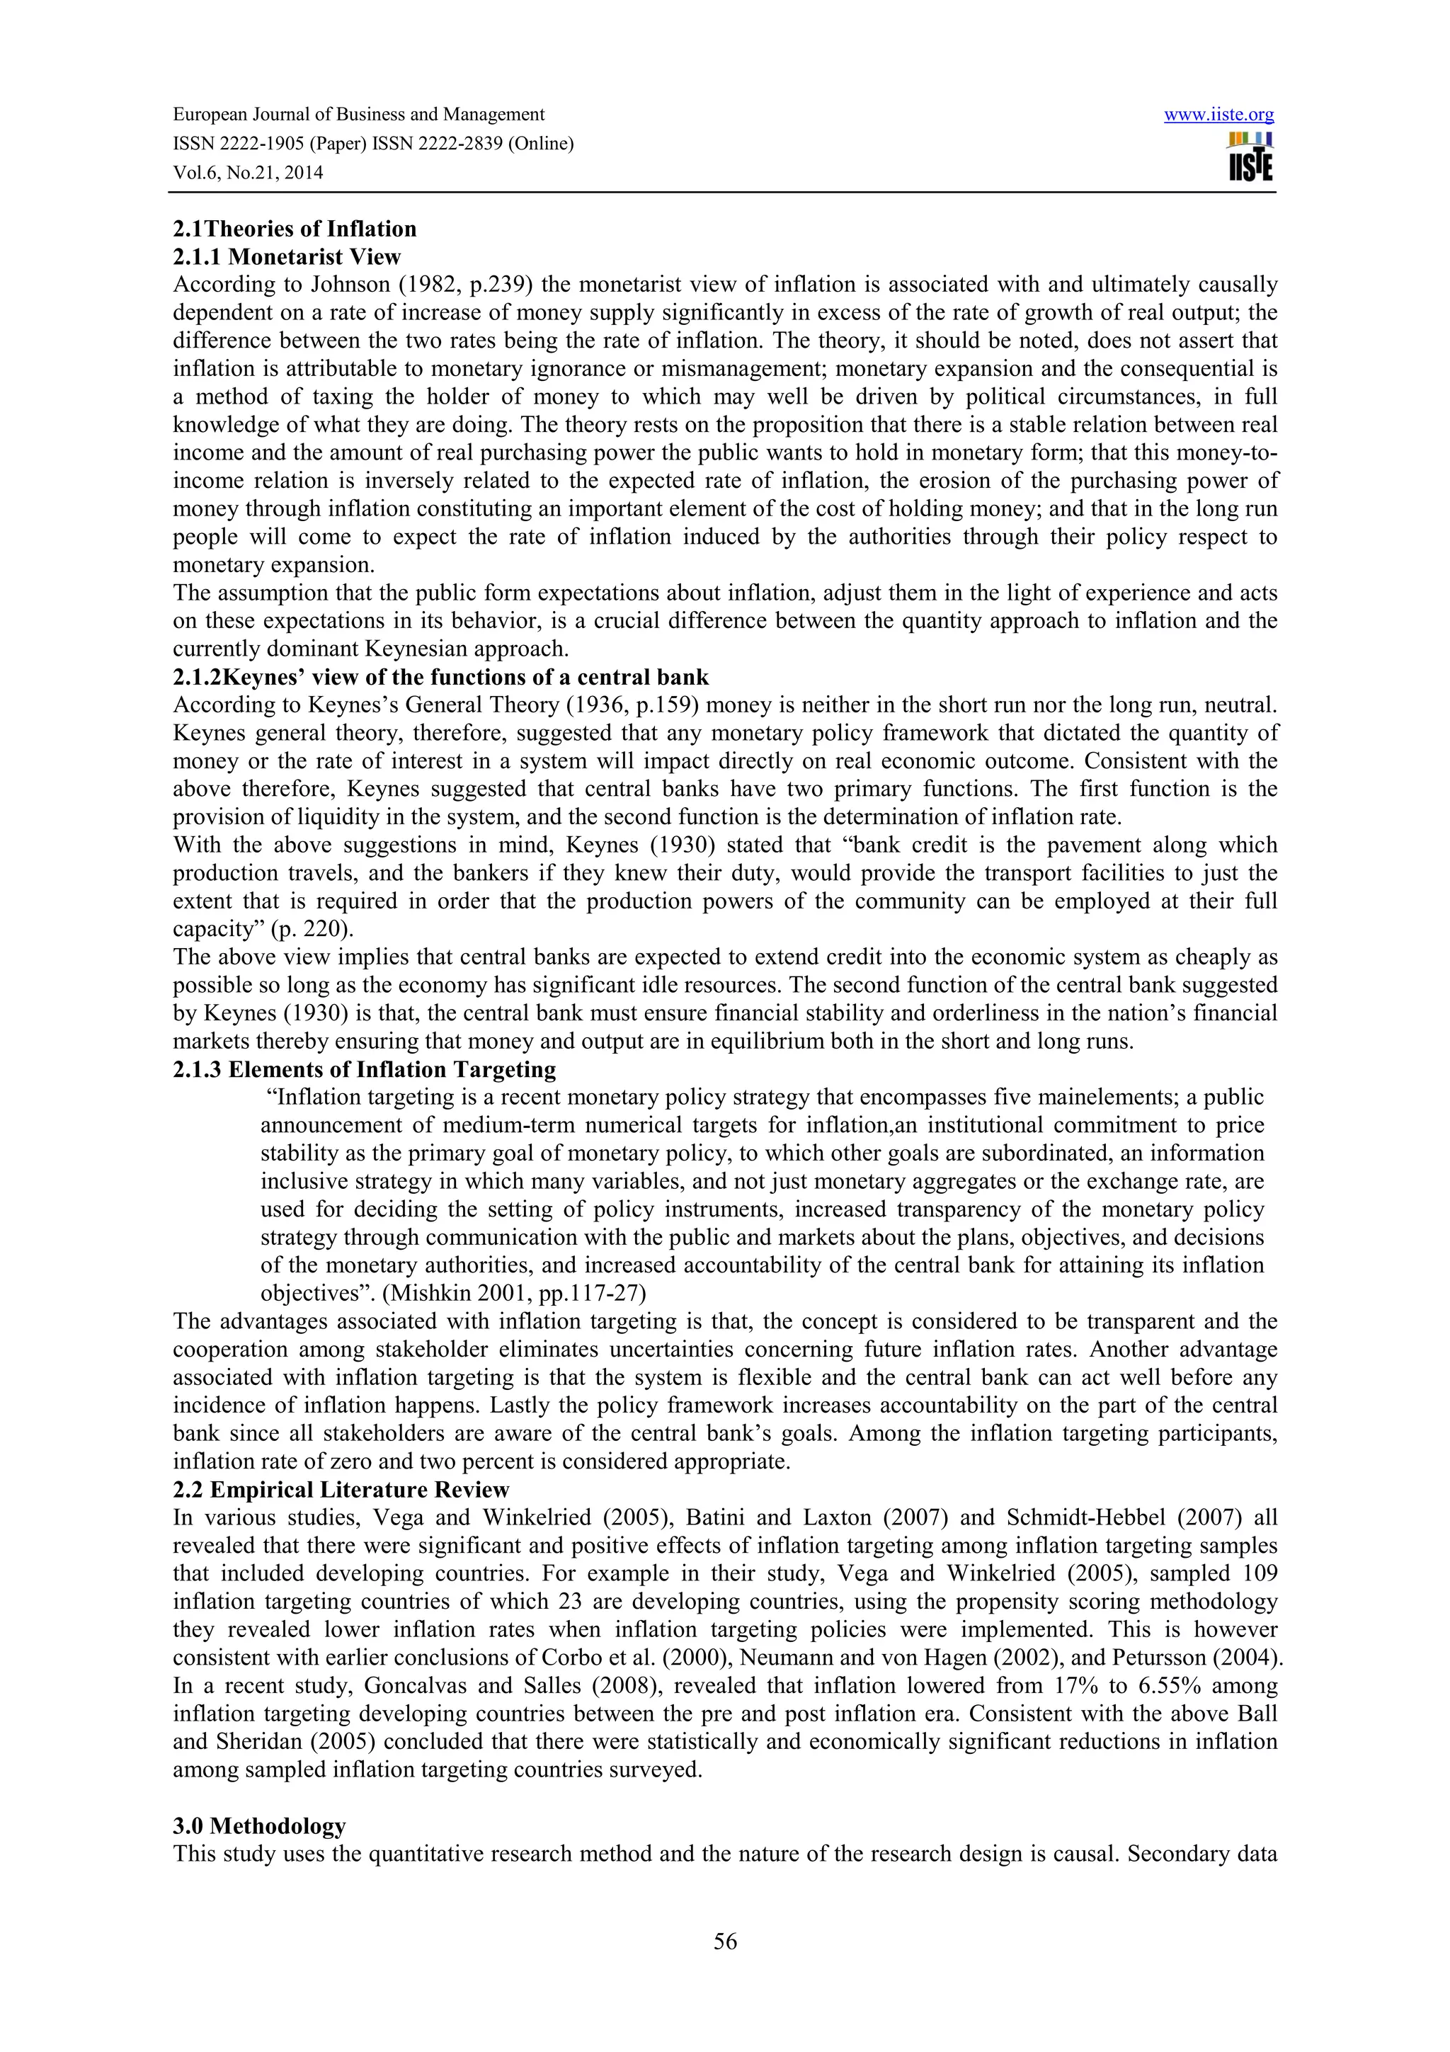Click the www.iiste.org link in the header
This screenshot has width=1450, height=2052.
pyautogui.click(x=1218, y=115)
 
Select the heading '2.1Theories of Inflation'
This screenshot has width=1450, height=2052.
pyautogui.click(x=294, y=229)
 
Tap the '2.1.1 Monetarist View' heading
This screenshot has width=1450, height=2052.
pyautogui.click(x=287, y=258)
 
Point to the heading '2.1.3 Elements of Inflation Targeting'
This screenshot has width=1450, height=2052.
pyautogui.click(x=364, y=1070)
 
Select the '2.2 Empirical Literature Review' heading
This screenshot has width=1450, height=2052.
pyautogui.click(x=341, y=1490)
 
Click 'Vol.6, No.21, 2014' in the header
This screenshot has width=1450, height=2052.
pyautogui.click(x=248, y=173)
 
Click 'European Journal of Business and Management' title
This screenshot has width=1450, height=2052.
pyautogui.click(x=358, y=115)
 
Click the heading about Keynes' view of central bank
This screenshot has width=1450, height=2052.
pyautogui.click(x=440, y=676)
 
